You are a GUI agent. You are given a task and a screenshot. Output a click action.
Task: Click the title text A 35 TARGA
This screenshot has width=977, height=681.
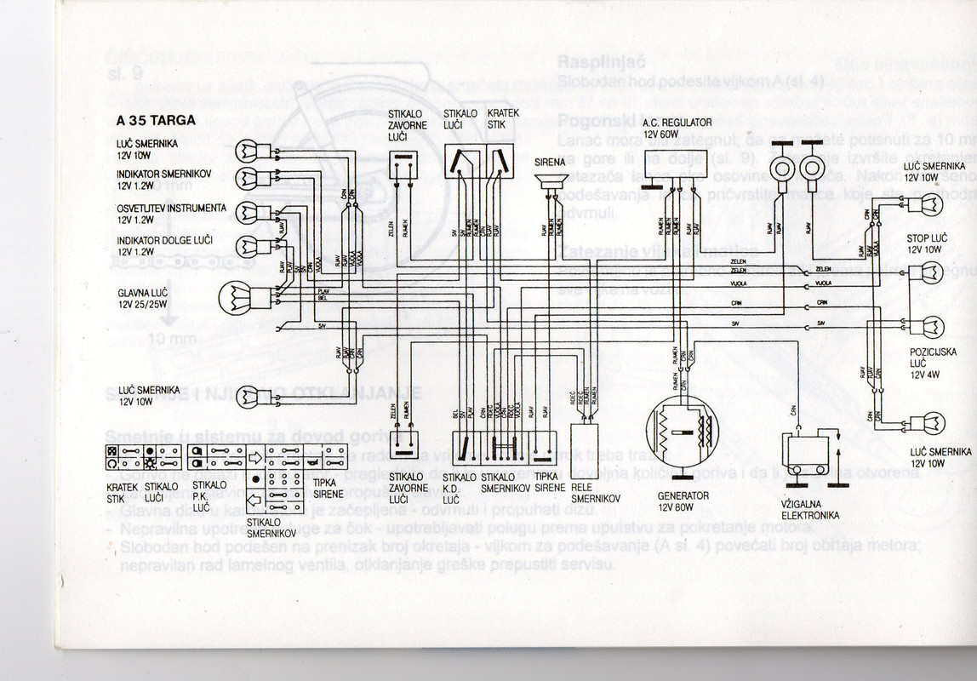point(157,120)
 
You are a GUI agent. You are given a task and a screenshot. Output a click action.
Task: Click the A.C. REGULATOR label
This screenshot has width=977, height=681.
point(677,123)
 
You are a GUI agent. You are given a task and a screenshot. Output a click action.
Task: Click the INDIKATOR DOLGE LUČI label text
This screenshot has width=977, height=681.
point(159,241)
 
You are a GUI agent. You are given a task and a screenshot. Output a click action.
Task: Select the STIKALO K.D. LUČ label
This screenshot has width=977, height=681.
point(460,488)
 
